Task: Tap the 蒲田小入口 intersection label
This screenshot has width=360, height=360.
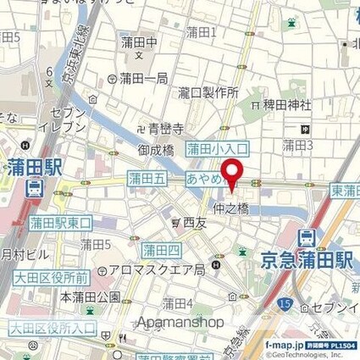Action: pos(219,148)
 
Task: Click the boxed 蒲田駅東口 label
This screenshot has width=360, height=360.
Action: pos(60,223)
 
